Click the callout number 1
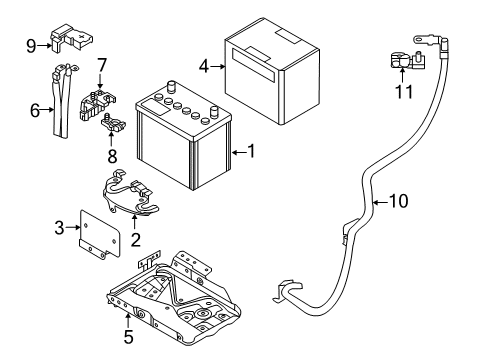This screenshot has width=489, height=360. pos(253,152)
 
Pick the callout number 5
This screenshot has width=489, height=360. pos(128,336)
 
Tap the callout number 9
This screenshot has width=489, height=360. pos(32,44)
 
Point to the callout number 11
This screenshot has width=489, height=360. pos(403,93)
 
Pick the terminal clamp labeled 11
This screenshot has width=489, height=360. pos(403,63)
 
